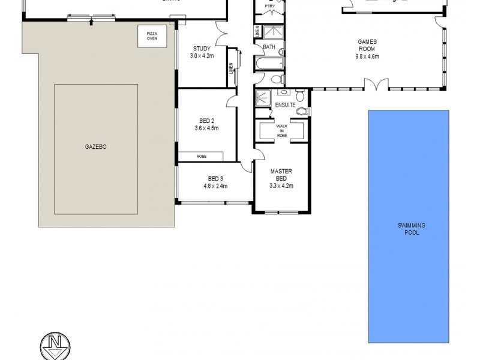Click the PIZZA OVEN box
pyautogui.click(x=148, y=36)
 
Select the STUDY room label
pyautogui.click(x=201, y=49)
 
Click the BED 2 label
pyautogui.click(x=206, y=121)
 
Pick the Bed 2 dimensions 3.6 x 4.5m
pyautogui.click(x=206, y=128)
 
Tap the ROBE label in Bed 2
pyautogui.click(x=201, y=156)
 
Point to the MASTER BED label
pyautogui.click(x=281, y=175)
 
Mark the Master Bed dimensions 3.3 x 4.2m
pyautogui.click(x=281, y=186)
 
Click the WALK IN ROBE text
pyautogui.click(x=281, y=131)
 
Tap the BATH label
pyautogui.click(x=268, y=47)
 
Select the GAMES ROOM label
pyautogui.click(x=367, y=46)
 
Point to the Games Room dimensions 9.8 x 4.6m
pyautogui.click(x=367, y=57)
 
